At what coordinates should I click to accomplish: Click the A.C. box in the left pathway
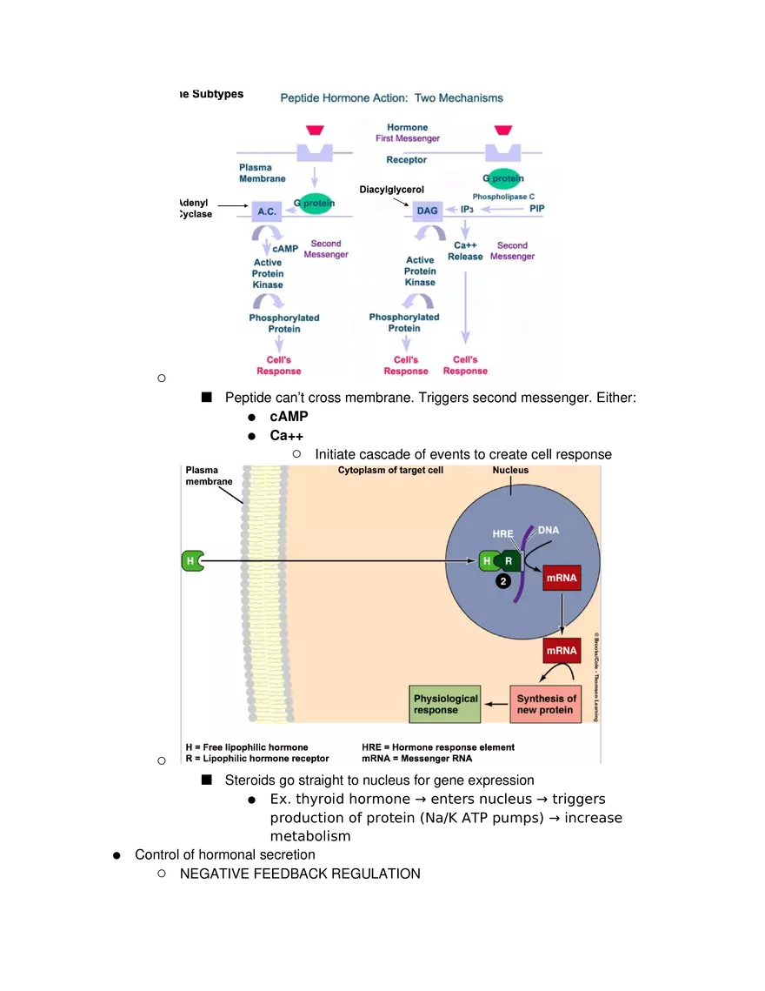click(x=267, y=211)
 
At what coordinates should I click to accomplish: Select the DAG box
click(x=427, y=211)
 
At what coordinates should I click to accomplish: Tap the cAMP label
click(x=285, y=249)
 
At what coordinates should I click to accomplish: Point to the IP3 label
click(x=467, y=210)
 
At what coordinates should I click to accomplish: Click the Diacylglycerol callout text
click(x=391, y=189)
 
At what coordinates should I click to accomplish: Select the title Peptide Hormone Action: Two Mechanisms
click(x=391, y=98)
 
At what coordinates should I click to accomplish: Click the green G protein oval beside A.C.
click(x=314, y=204)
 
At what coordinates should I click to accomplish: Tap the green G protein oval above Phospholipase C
click(x=503, y=178)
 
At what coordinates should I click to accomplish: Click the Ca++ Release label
click(x=465, y=251)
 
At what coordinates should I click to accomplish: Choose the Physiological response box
click(x=445, y=704)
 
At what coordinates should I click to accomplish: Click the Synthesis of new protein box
click(x=546, y=704)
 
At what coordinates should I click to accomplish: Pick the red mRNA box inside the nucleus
click(x=561, y=577)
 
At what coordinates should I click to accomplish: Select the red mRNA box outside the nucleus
click(x=561, y=650)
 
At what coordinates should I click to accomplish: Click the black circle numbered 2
click(x=502, y=582)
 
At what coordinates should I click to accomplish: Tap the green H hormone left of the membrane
click(x=191, y=561)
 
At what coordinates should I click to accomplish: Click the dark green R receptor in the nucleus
click(x=509, y=561)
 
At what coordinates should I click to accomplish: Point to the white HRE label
click(x=502, y=533)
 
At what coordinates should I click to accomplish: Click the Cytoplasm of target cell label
click(x=390, y=471)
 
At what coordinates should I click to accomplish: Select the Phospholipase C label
click(x=503, y=197)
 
